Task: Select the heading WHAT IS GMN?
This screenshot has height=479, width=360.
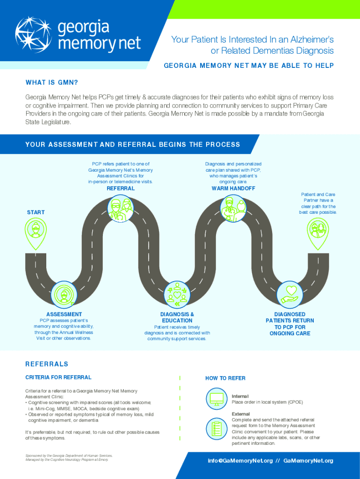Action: point(51,82)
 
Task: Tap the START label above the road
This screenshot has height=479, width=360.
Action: point(36,212)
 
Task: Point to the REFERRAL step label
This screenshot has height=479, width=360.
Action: point(121,189)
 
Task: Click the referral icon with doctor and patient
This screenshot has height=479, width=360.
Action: point(120,209)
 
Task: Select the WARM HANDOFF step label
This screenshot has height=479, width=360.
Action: point(233,189)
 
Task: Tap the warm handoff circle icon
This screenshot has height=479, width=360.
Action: point(233,209)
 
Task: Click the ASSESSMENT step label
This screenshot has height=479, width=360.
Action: point(64,314)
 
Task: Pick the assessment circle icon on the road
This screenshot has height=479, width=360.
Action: point(64,295)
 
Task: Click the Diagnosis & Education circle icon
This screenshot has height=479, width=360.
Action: point(177,295)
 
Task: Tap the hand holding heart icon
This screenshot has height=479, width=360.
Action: point(290,295)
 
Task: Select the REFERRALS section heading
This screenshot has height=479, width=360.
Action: point(47,364)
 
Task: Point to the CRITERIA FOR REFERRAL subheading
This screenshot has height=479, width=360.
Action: point(58,377)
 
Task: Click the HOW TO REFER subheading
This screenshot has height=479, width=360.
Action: point(225,378)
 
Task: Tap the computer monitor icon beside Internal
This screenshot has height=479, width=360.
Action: point(216,399)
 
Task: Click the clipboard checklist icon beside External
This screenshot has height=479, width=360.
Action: point(216,428)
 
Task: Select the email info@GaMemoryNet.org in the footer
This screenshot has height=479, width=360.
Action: point(240,461)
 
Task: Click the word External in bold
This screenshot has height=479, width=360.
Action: point(241,414)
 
